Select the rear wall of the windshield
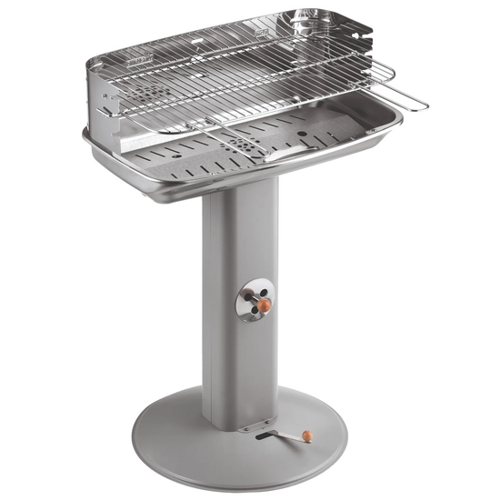click(227, 41)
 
